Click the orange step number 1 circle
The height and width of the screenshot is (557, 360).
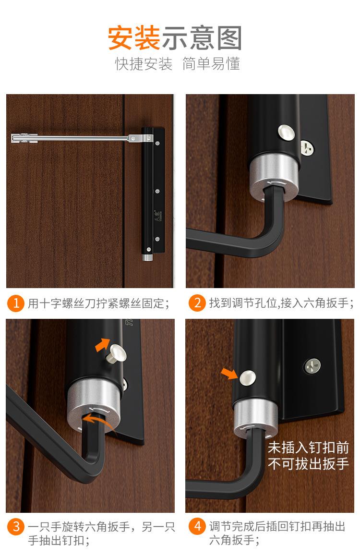16,303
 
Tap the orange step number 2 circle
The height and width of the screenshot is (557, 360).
197,303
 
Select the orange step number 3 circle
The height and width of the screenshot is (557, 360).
16,526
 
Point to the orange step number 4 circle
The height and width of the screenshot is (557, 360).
197,526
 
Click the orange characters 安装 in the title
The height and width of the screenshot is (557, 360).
134,37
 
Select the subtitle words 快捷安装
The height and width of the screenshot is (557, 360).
144,64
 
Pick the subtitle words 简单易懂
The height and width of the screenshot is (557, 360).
211,64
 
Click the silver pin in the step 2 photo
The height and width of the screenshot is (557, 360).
287,133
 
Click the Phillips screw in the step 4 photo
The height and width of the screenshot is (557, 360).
312,366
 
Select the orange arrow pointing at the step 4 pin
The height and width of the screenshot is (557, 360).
229,374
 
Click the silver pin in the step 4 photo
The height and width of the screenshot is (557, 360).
248,377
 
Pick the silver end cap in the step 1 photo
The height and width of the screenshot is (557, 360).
147,257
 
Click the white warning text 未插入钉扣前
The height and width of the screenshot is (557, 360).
308,448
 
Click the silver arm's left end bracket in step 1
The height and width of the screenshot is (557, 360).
24,138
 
